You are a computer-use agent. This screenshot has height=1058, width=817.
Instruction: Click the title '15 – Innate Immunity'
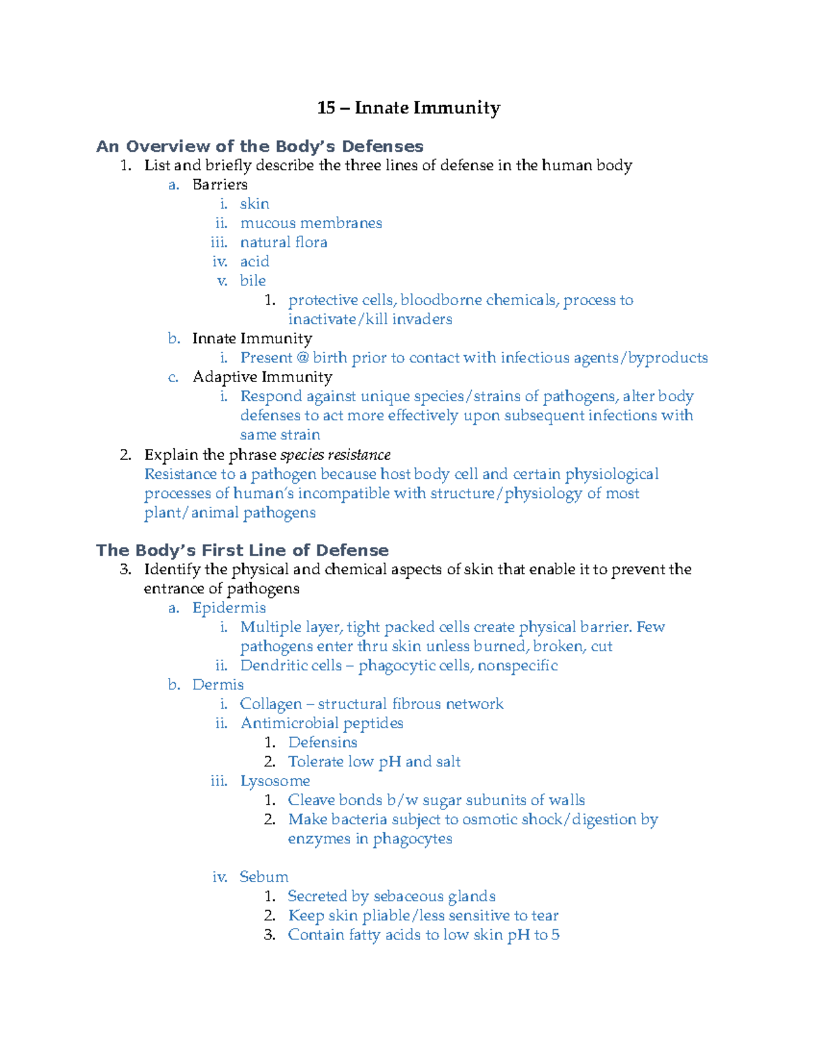pyautogui.click(x=408, y=108)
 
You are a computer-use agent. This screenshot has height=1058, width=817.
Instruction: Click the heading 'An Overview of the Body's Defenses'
pyautogui.click(x=259, y=146)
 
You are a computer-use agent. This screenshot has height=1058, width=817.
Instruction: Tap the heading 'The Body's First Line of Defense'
pyautogui.click(x=242, y=550)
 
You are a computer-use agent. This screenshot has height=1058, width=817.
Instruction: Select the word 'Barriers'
pyautogui.click(x=220, y=185)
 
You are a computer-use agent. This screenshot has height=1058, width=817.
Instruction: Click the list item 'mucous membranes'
pyautogui.click(x=311, y=223)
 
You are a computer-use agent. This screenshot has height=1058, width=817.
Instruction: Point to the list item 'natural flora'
pyautogui.click(x=283, y=243)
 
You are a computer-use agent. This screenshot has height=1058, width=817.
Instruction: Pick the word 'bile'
pyautogui.click(x=253, y=281)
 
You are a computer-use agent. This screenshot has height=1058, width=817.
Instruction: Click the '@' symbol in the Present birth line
pyautogui.click(x=303, y=358)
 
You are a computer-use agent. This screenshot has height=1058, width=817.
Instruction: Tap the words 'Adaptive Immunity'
pyautogui.click(x=262, y=377)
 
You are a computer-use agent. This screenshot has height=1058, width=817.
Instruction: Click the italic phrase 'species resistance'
pyautogui.click(x=336, y=455)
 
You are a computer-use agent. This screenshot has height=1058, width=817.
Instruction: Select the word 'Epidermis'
pyautogui.click(x=229, y=608)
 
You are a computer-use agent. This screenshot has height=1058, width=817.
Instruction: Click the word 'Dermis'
pyautogui.click(x=218, y=685)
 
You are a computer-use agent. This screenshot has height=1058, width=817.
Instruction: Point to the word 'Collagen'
pyautogui.click(x=270, y=704)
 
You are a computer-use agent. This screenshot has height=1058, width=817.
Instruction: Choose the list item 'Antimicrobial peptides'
pyautogui.click(x=321, y=723)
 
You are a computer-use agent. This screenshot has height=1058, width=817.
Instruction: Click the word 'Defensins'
pyautogui.click(x=323, y=743)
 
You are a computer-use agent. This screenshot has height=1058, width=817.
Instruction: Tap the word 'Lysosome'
pyautogui.click(x=275, y=781)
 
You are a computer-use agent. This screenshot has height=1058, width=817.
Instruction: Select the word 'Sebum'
pyautogui.click(x=263, y=877)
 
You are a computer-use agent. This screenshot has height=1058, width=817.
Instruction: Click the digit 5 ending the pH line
pyautogui.click(x=556, y=935)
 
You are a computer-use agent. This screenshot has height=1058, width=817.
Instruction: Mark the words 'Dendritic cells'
pyautogui.click(x=291, y=666)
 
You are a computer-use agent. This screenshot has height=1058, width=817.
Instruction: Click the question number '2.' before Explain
pyautogui.click(x=125, y=455)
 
